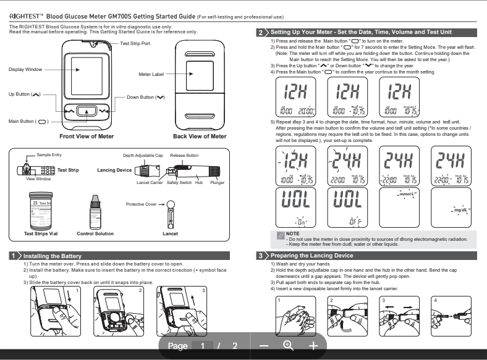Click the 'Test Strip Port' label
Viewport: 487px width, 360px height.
135,44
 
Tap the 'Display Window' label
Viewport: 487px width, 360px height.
26,70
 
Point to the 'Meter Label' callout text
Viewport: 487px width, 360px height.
151,74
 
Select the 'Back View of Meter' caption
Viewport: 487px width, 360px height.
200,136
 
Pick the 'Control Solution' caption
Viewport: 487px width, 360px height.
96,234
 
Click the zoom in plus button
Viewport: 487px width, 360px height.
313,346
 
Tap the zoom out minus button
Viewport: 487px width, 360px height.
265,346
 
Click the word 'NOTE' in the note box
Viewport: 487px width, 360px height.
293,233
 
